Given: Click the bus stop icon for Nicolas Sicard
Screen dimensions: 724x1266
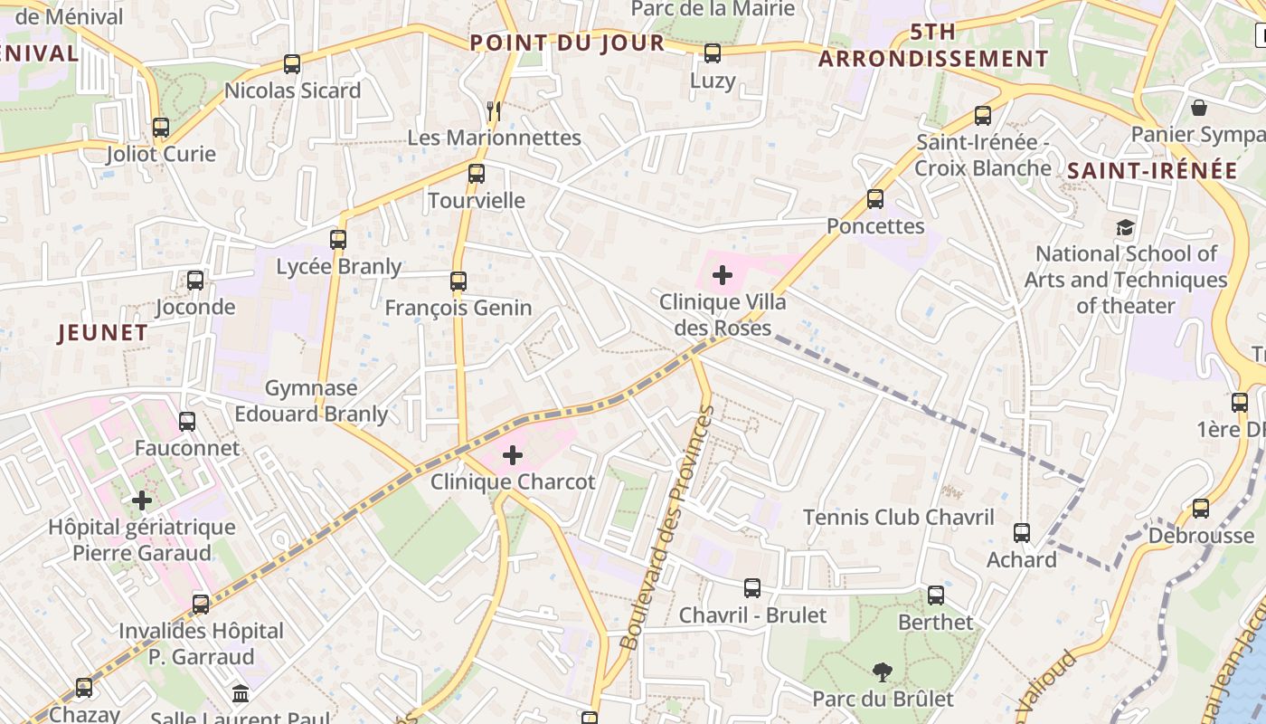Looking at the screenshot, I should (292, 64).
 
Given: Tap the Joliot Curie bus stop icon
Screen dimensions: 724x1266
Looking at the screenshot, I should (161, 128).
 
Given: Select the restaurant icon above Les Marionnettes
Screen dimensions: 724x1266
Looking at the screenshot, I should (493, 111).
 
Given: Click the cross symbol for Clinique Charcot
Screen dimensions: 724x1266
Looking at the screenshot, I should (513, 455).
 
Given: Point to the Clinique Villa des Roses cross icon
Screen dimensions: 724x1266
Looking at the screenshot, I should (723, 275).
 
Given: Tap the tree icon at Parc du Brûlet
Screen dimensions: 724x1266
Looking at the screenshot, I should (882, 672).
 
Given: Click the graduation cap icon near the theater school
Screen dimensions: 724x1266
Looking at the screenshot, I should (1125, 227).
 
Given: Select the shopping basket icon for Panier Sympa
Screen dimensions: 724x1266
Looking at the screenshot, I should (1199, 109).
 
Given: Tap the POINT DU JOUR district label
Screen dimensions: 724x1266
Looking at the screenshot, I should (567, 43).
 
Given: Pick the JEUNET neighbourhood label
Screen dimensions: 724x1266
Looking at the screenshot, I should (102, 333).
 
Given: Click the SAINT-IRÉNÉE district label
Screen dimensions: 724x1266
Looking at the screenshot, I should (1152, 170).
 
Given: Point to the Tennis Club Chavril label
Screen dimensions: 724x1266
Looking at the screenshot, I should (899, 518).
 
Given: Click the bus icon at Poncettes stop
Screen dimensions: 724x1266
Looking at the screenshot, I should (875, 199).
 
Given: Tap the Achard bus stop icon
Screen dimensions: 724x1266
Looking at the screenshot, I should (1022, 533).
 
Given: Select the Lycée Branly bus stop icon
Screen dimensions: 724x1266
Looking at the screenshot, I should (338, 240).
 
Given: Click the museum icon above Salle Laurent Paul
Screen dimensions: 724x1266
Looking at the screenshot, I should (241, 694).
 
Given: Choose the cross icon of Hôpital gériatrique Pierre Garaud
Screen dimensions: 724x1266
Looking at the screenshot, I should (142, 500).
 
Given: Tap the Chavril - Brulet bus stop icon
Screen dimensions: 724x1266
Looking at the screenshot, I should (752, 588).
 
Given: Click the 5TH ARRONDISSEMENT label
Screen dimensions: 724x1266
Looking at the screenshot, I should (933, 45).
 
